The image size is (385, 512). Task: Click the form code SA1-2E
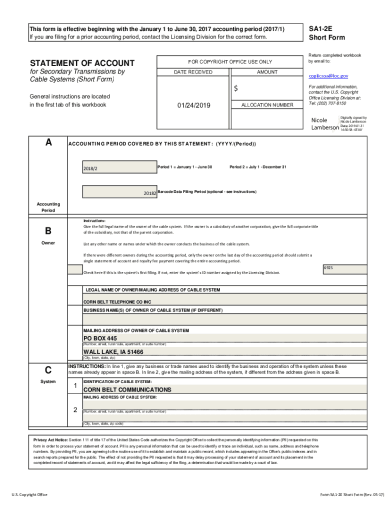coord(320,29)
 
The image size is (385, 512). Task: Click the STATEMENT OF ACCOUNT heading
coord(82,63)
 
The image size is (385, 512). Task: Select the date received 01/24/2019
coord(194,105)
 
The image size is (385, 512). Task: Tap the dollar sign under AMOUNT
coord(236,88)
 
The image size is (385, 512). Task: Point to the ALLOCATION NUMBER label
coord(267,105)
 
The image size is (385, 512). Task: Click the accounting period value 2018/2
coord(90,168)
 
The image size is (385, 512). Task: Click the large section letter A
coord(48,142)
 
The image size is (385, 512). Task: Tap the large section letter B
coord(48,231)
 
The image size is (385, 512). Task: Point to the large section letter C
coord(48,370)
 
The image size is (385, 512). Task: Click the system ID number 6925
coord(328,267)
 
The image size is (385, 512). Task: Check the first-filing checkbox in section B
coord(75,269)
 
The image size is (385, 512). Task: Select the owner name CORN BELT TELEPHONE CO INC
coord(117,302)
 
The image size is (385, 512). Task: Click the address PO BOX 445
coord(100,338)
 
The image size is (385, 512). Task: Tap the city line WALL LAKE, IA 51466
coord(113,352)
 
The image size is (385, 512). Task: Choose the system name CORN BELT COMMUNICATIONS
coord(127,389)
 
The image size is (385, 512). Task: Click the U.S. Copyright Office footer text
coord(30,494)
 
